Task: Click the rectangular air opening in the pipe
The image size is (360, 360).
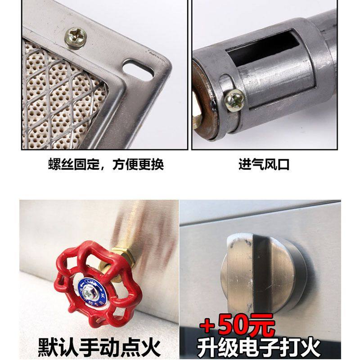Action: [x=261, y=52]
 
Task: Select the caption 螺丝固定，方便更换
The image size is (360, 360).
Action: [x=106, y=164]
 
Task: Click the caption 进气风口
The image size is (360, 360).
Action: [x=264, y=164]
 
